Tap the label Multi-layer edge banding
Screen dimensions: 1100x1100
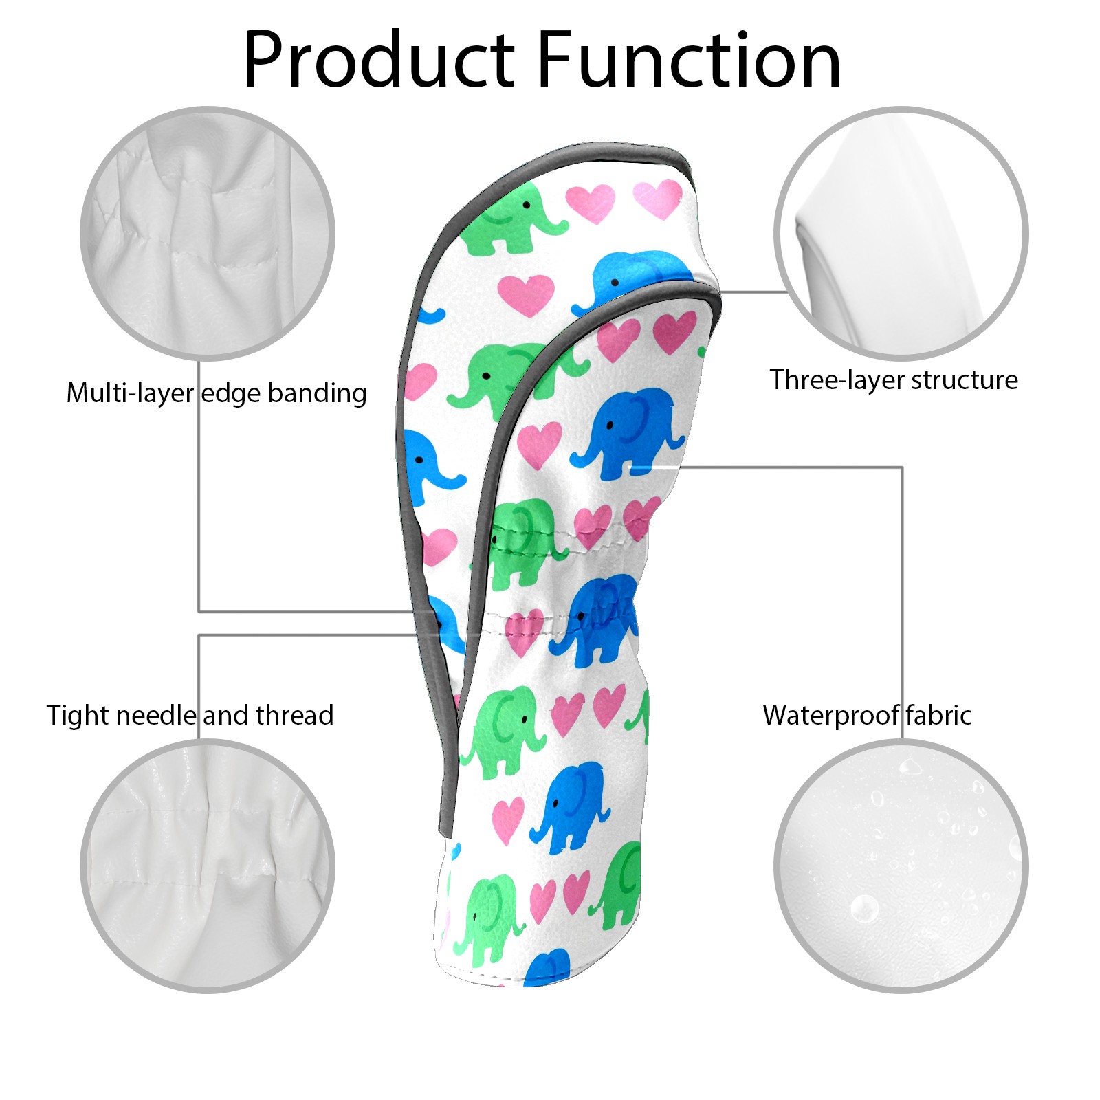[x=217, y=393]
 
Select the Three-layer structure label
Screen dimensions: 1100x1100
[x=894, y=380]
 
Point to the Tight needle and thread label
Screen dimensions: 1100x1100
[x=190, y=716]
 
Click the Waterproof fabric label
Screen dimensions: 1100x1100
[x=867, y=716]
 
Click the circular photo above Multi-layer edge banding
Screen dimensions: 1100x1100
[x=208, y=233]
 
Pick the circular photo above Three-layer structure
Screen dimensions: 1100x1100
[x=901, y=233]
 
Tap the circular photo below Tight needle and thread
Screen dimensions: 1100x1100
[x=208, y=866]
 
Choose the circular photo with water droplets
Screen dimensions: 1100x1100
[x=901, y=866]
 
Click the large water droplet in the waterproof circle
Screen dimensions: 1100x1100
[x=864, y=909]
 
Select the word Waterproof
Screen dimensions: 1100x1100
[x=830, y=716]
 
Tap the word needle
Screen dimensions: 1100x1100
[x=157, y=716]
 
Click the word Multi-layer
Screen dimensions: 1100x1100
[x=130, y=393]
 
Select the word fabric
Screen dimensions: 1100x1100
[x=938, y=716]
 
